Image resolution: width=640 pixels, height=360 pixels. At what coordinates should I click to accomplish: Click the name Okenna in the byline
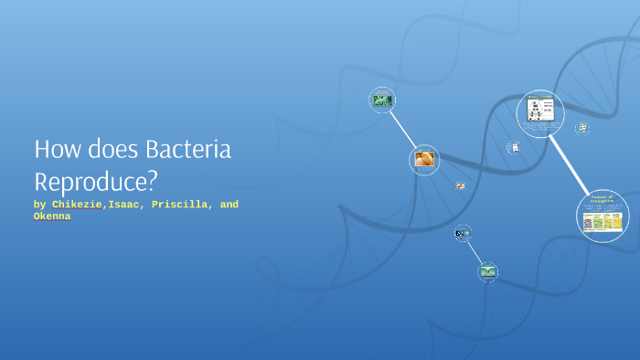[x=52, y=217]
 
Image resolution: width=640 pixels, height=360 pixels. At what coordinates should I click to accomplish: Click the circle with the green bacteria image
[x=381, y=100]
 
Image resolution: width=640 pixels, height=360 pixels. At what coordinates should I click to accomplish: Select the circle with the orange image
[x=424, y=160]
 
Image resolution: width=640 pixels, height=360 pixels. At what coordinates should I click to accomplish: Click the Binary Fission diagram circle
[x=539, y=113]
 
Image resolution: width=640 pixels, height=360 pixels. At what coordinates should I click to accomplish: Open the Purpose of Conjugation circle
[x=603, y=216]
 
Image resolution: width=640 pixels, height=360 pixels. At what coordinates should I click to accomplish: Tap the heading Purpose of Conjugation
[x=603, y=198]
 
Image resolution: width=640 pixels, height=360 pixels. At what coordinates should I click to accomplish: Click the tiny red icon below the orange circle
[x=460, y=186]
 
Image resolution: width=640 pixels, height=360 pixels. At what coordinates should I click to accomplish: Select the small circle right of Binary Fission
[x=581, y=129]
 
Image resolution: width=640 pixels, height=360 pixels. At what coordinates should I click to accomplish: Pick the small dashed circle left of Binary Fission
[x=515, y=147]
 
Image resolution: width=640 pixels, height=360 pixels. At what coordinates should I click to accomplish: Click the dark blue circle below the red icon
[x=463, y=233]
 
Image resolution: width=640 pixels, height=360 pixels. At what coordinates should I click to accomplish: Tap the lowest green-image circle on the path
[x=488, y=270]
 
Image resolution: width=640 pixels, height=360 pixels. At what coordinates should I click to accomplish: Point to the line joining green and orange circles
[x=402, y=129]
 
